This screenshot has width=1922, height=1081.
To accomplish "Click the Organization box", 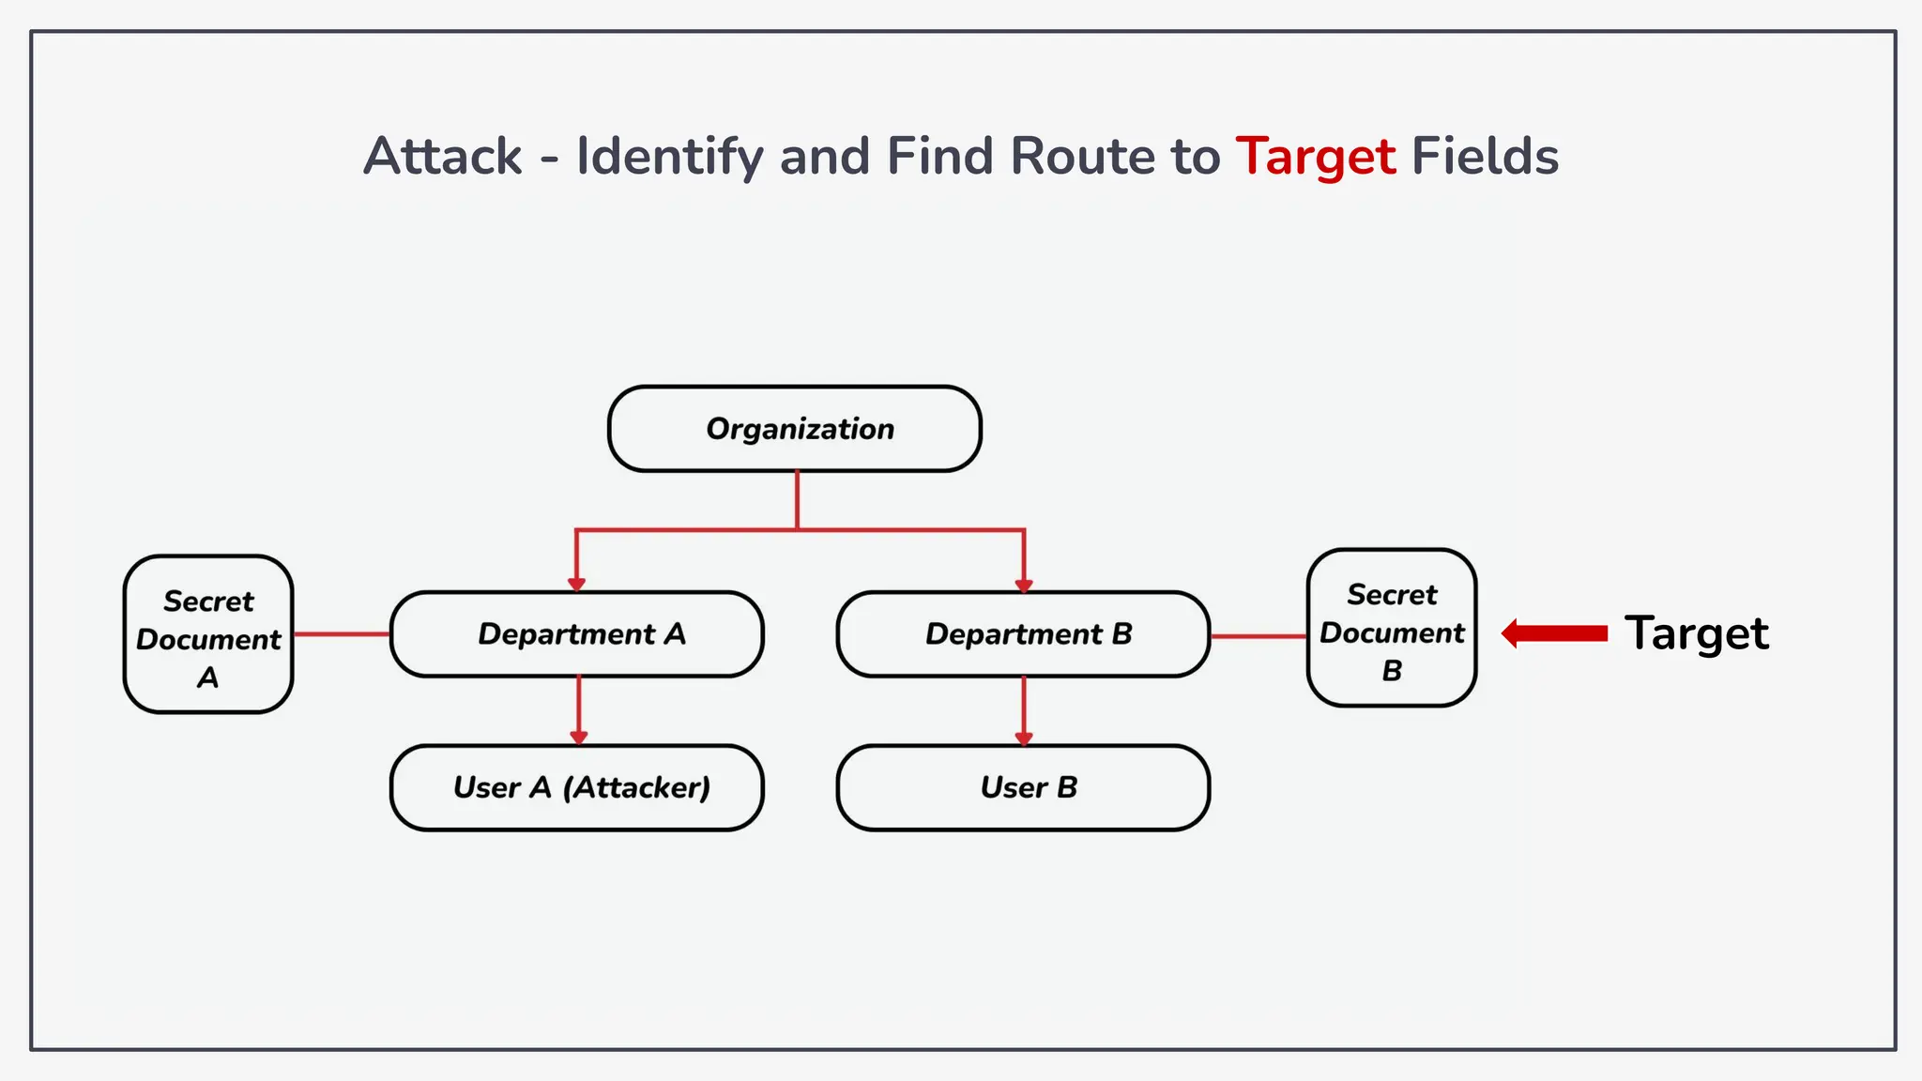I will tap(795, 429).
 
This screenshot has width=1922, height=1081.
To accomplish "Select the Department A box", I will tap(577, 634).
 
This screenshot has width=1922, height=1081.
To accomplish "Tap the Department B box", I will tap(1024, 634).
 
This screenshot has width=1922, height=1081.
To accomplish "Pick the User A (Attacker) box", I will tap(577, 787).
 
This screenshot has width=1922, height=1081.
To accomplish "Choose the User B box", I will tap(1024, 787).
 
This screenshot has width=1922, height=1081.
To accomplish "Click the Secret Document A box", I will tap(208, 634).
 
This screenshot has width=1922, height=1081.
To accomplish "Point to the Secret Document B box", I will tap(1392, 628).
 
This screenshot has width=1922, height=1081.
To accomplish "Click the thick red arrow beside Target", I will tap(1555, 633).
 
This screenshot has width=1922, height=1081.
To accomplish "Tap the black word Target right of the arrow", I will tap(1696, 633).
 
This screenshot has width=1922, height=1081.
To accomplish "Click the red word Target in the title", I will tap(1315, 157).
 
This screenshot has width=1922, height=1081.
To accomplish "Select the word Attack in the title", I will tap(442, 157).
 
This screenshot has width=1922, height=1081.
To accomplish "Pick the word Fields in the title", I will tap(1485, 157).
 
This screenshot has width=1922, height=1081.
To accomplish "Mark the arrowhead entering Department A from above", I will tap(577, 584).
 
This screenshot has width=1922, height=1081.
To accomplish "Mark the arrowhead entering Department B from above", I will tap(1024, 584).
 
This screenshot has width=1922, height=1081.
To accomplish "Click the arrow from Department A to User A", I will tap(579, 710).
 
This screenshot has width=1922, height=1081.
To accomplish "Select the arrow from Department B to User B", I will tap(1024, 710).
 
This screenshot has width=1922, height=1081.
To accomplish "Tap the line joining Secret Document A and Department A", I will tap(342, 634).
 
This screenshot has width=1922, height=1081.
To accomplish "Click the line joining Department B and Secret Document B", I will tap(1258, 636).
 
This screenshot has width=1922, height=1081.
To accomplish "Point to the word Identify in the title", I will tap(669, 157).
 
